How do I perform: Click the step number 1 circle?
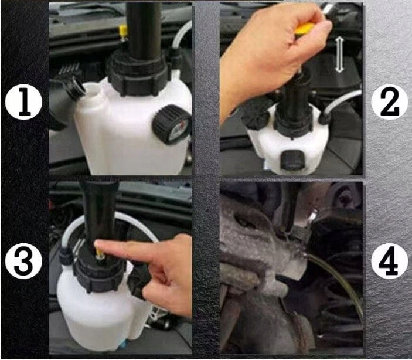(23, 102)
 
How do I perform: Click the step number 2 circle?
(389, 102)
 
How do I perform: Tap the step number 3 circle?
(23, 260)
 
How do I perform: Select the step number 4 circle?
(389, 260)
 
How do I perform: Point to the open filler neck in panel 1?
(91, 90)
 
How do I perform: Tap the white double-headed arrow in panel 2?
(340, 55)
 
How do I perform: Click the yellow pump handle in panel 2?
(305, 29)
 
